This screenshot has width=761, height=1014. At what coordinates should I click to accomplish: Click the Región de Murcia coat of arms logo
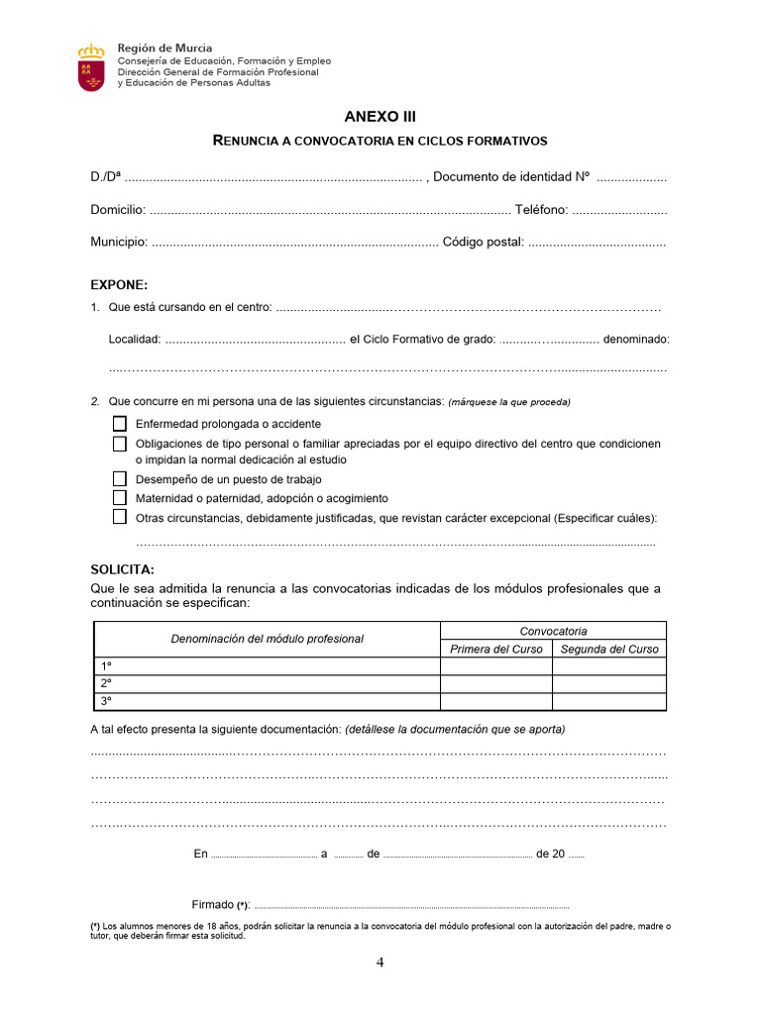[x=91, y=67]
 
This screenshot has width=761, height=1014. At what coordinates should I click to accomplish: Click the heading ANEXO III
[x=380, y=116]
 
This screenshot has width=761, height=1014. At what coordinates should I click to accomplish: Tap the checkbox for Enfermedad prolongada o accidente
[x=120, y=424]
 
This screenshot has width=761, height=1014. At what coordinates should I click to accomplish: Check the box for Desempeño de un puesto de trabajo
[x=120, y=479]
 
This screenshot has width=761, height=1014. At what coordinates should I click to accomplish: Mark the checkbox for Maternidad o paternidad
[x=120, y=498]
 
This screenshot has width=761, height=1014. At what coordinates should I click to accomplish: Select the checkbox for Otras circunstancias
[x=120, y=517]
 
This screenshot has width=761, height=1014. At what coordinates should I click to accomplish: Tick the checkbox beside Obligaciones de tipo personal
[x=120, y=444]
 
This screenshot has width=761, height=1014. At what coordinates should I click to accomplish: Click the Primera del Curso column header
[x=496, y=650]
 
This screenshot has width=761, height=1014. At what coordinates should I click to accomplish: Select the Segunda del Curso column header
[x=609, y=650]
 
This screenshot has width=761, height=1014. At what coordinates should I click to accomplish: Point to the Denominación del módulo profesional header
[x=267, y=639]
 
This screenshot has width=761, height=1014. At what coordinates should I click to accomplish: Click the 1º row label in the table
[x=106, y=666]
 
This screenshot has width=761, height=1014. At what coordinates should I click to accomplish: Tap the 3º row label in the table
[x=106, y=701]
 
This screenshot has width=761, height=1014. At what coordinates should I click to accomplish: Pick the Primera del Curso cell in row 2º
[x=496, y=684]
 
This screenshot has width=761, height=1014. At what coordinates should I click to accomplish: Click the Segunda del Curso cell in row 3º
[x=609, y=701]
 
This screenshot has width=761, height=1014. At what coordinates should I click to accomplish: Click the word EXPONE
[x=119, y=284]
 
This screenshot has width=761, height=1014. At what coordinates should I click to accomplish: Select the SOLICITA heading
[x=122, y=570]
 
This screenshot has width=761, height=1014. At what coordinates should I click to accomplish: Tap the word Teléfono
[x=541, y=210]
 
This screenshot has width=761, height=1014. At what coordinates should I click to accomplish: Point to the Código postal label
[x=483, y=242]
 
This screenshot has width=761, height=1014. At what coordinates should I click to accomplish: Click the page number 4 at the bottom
[x=380, y=963]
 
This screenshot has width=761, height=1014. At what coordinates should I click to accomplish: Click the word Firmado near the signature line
[x=213, y=904]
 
